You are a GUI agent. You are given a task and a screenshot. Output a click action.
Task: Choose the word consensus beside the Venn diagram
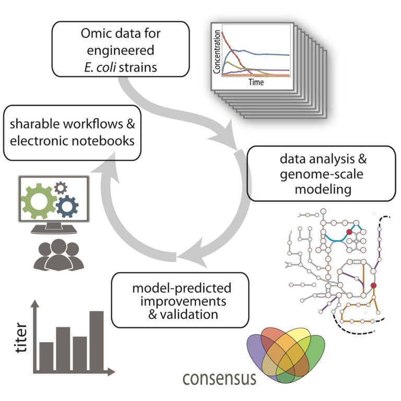(219, 378)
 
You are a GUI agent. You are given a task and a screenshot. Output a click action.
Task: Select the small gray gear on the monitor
(62, 187)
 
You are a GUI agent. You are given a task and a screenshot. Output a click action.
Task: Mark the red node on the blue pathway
(349, 231)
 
